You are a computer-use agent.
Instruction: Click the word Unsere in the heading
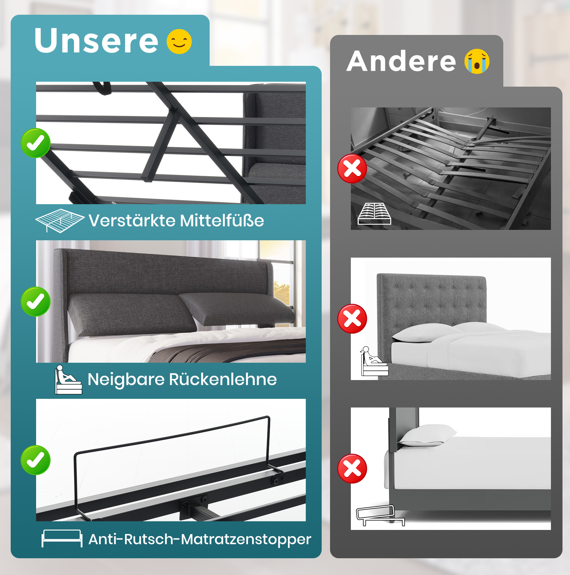96,40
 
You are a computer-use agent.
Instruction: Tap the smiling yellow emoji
179,41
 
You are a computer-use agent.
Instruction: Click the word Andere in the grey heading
401,61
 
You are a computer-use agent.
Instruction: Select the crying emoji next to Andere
477,61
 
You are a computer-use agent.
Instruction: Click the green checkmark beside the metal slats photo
36,143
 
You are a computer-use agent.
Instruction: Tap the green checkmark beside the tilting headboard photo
36,302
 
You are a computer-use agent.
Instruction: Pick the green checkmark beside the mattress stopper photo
36,460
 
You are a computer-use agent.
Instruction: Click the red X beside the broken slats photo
352,168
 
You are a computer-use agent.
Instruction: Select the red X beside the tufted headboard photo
352,319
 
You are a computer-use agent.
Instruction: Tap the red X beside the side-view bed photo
352,468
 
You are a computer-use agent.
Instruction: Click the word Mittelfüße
222,221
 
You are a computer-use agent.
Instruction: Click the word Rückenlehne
223,379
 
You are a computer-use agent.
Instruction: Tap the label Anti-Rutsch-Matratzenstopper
200,539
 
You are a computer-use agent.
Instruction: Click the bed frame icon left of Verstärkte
60,221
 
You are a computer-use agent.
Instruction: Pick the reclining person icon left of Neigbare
68,380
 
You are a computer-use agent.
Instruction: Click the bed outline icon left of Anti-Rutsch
62,538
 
